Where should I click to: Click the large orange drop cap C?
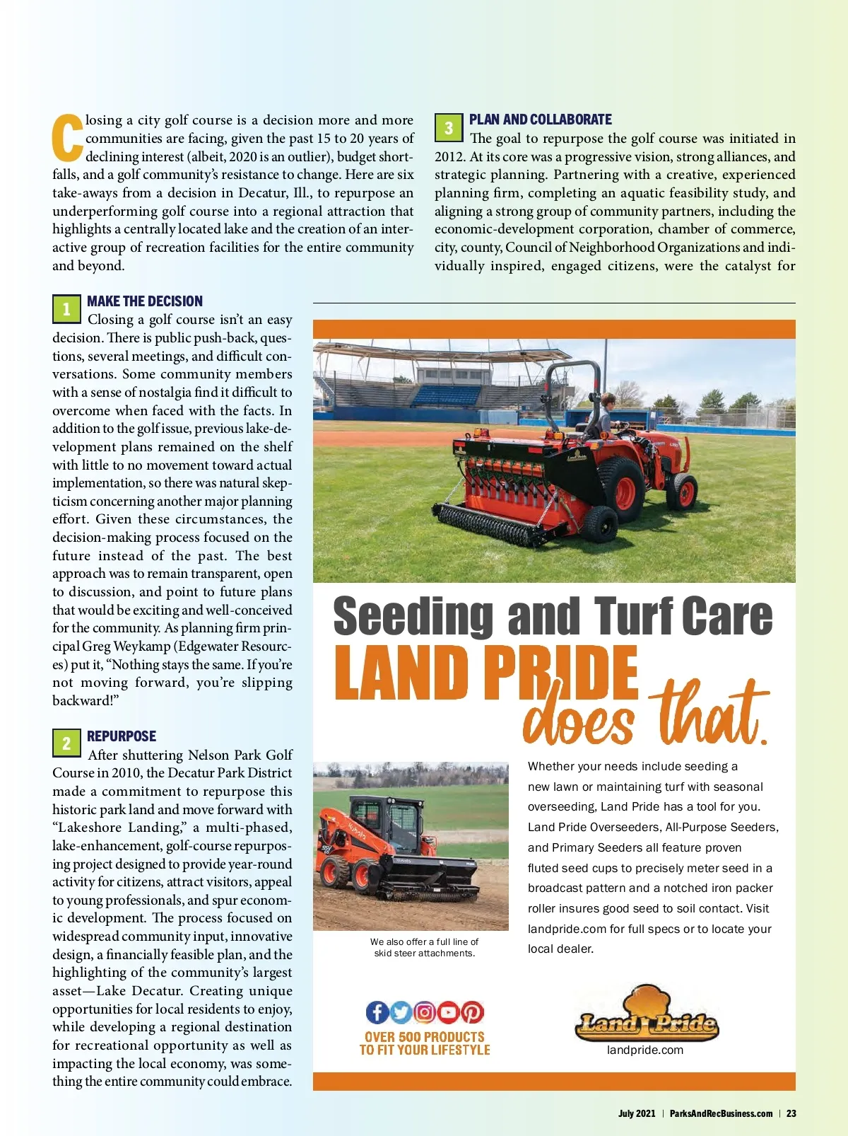coord(68,137)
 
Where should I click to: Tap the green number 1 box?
coord(66,308)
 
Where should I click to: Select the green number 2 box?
coord(66,743)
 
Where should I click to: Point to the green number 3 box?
coord(448,128)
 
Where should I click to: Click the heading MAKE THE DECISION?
coord(145,301)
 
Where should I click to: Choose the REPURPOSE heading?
coord(122,736)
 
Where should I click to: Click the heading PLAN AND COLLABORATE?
coord(541,120)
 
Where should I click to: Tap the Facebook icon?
coord(377,1012)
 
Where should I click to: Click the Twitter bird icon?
coord(401,1012)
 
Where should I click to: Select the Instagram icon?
coord(424,1012)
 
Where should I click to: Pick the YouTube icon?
coord(448,1012)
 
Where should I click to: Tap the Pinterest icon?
coord(472,1012)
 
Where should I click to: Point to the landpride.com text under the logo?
coord(645,1050)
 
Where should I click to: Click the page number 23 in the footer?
coord(791,1113)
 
